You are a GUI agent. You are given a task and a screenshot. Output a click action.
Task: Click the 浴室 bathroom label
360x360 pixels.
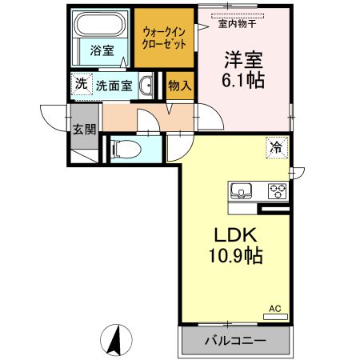tap(101, 50)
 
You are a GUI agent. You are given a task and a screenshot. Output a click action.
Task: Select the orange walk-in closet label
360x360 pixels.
tap(163, 38)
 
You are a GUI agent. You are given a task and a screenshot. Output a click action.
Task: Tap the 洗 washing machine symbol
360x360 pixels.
tap(80, 84)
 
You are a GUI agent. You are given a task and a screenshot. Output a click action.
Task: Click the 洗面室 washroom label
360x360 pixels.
tap(114, 85)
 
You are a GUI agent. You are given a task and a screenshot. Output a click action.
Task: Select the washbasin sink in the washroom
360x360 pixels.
tap(146, 86)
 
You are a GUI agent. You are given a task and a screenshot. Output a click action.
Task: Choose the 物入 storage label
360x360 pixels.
tap(179, 86)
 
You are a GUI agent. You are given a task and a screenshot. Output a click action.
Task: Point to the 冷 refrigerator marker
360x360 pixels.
tap(276, 147)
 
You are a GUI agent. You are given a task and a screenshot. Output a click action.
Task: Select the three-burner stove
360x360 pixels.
tap(277, 191)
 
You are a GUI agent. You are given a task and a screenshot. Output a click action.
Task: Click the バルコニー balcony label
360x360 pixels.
tap(233, 340)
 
